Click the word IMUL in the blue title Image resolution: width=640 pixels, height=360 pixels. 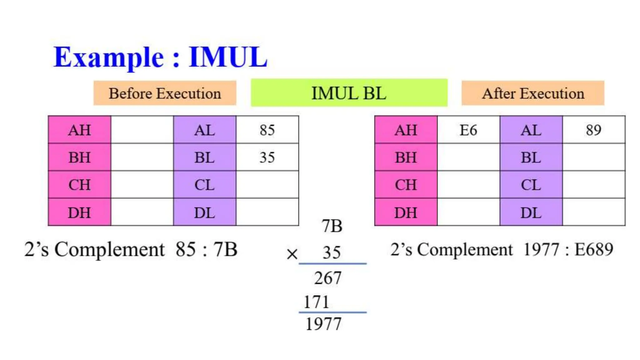click(228, 57)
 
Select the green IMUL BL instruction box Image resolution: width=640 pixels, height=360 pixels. click(349, 93)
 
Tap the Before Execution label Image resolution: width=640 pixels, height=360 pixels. click(165, 93)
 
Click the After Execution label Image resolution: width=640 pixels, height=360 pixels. click(533, 93)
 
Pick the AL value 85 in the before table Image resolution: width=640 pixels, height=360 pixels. click(267, 130)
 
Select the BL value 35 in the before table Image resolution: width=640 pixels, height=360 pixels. click(267, 157)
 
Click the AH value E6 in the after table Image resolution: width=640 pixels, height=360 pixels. click(468, 130)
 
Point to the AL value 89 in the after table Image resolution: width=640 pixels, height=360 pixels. click(593, 130)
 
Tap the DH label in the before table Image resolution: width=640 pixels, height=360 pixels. click(79, 213)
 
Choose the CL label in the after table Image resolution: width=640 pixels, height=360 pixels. click(531, 185)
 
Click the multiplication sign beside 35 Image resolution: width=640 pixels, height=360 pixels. click(292, 254)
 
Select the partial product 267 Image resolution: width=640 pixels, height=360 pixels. click(327, 278)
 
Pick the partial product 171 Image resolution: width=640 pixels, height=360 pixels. click(316, 302)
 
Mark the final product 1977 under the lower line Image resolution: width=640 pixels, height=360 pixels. click(323, 324)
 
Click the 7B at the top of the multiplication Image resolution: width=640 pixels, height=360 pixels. click(332, 226)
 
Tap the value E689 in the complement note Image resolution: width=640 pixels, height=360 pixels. click(594, 249)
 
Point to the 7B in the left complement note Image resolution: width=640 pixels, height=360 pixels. click(225, 249)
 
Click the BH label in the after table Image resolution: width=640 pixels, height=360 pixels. click(406, 157)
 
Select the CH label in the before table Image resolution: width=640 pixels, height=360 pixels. click(79, 185)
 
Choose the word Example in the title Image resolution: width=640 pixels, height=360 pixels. click(108, 57)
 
